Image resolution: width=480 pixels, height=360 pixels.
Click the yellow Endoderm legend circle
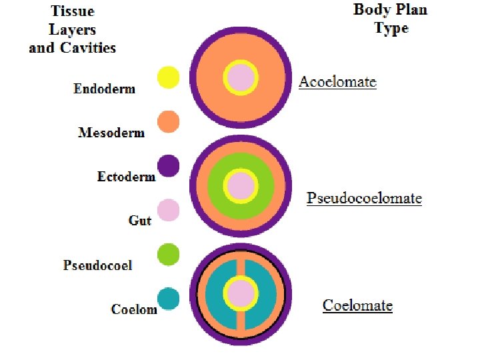pyautogui.click(x=168, y=77)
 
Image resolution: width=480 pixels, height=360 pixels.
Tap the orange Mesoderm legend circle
pyautogui.click(x=168, y=121)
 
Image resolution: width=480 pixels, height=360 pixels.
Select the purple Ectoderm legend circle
pyautogui.click(x=168, y=165)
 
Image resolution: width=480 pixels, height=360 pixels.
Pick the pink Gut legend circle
pyautogui.click(x=168, y=210)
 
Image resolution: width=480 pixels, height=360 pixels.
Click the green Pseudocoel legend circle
pyautogui.click(x=168, y=254)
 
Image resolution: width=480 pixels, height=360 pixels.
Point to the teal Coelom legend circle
pyautogui.click(x=168, y=299)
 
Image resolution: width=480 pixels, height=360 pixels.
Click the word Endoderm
pyautogui.click(x=104, y=89)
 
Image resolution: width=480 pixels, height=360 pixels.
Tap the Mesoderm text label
pyautogui.click(x=111, y=132)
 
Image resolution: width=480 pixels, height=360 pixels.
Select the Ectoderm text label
pyautogui.click(x=126, y=177)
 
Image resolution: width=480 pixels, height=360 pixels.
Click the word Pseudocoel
pyautogui.click(x=97, y=265)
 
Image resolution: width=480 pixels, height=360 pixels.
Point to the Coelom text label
pyautogui.click(x=134, y=309)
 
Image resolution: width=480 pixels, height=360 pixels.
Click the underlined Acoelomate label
pyautogui.click(x=337, y=82)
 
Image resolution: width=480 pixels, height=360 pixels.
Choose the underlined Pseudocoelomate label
pyautogui.click(x=364, y=198)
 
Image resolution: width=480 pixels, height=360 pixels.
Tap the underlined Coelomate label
pyautogui.click(x=357, y=305)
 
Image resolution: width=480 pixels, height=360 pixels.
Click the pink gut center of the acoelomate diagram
pyautogui.click(x=241, y=77)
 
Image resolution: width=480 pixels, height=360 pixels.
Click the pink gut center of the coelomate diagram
pyautogui.click(x=241, y=293)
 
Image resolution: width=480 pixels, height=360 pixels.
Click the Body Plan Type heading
pyautogui.click(x=390, y=19)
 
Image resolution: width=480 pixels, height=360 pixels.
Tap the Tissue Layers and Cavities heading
pyautogui.click(x=73, y=29)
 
